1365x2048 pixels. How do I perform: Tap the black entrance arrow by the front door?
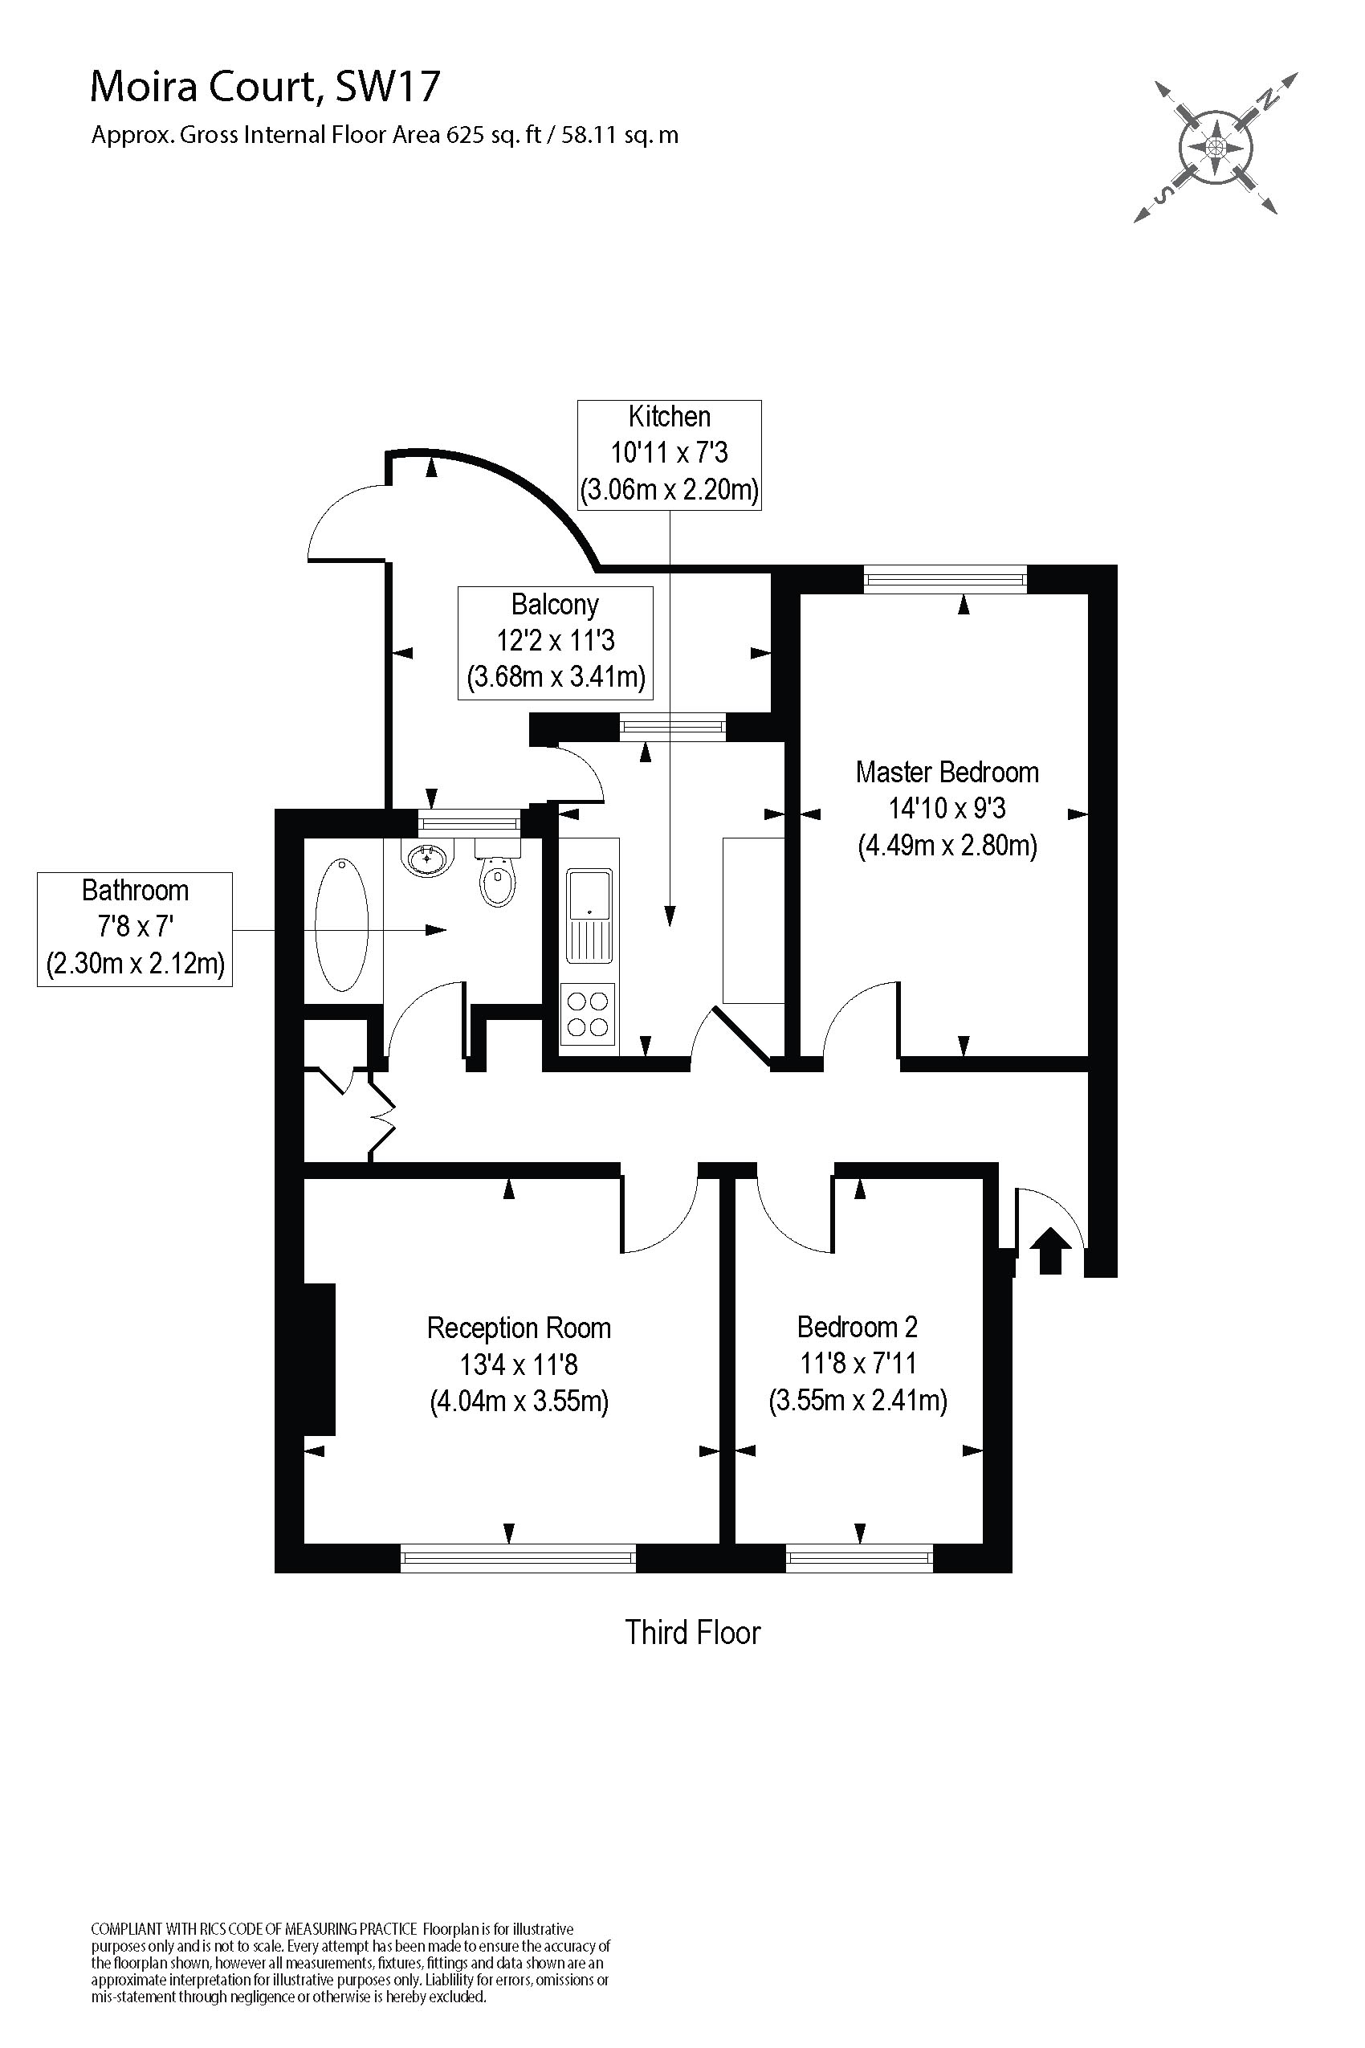1050,1250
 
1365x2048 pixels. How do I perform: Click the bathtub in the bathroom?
341,924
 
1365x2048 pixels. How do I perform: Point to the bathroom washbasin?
427,858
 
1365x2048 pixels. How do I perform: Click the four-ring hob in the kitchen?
588,1014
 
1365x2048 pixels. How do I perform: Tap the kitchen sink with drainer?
589,914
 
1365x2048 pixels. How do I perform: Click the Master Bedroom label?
947,773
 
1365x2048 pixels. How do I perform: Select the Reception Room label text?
519,1328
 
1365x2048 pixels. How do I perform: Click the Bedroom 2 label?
858,1327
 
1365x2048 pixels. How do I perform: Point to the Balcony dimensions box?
556,643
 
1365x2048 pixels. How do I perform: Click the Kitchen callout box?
670,455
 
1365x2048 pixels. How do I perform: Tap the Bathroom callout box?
135,928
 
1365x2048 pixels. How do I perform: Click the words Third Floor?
693,1633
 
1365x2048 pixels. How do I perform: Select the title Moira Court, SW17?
266,87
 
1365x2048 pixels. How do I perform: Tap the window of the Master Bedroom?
945,579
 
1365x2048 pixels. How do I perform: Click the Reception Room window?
518,1558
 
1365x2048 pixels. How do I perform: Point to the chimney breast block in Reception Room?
320,1358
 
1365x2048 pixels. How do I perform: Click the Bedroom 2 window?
859,1558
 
